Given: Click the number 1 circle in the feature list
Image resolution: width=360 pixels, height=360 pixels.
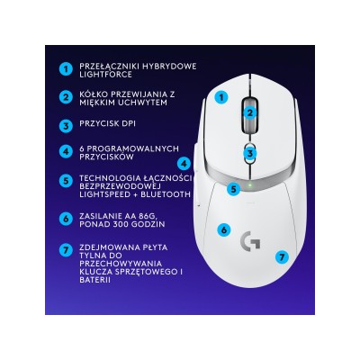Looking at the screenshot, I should [x=64, y=67].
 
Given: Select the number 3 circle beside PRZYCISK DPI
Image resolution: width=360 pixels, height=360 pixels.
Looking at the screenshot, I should [x=64, y=126].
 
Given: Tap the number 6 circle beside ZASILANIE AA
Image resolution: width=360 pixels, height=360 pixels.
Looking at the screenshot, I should [x=64, y=218].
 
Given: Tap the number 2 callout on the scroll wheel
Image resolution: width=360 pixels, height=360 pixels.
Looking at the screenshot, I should [x=250, y=113].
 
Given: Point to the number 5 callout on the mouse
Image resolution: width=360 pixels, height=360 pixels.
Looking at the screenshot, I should [x=233, y=188].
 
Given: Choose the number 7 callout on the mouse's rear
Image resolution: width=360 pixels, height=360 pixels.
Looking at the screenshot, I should [x=282, y=256].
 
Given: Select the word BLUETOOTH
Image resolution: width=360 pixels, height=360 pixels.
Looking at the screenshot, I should [x=165, y=193].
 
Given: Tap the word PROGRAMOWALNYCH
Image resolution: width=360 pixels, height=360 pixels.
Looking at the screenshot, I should [x=128, y=147].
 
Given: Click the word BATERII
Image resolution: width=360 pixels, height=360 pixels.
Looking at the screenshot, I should [x=99, y=280].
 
